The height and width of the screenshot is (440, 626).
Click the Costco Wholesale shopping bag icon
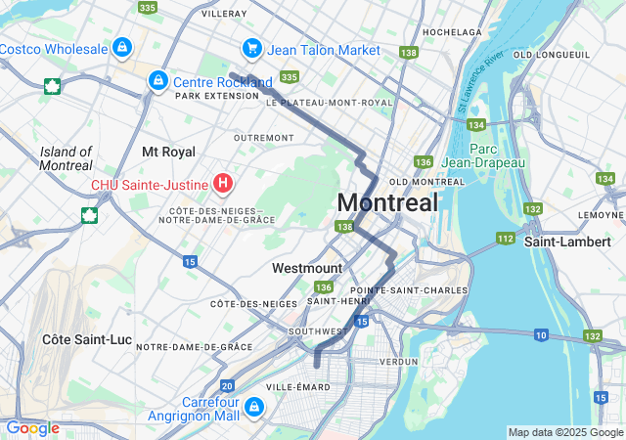point(121,47)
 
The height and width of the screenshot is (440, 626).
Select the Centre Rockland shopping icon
point(156,80)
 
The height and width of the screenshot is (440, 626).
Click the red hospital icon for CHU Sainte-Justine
point(223,182)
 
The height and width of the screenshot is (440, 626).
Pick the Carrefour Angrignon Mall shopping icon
point(253,406)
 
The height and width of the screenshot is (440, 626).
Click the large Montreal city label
point(387,203)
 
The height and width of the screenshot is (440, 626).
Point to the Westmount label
point(307,268)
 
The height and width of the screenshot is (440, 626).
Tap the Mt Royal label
point(168,152)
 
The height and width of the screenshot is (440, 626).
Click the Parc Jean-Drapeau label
point(483,155)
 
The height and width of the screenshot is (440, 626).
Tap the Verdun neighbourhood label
point(397,361)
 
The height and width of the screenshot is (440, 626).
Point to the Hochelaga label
point(453,31)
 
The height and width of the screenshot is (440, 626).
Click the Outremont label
point(263,138)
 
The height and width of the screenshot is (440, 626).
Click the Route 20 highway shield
point(227,386)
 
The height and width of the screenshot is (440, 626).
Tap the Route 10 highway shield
point(541,335)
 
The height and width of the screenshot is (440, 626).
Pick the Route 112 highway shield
point(505,238)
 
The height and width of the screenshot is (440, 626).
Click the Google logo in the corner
point(33,428)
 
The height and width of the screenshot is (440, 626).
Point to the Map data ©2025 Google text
point(564,432)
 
